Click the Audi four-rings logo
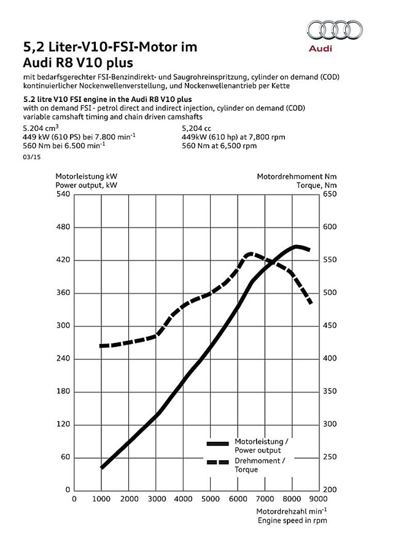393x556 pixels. pos(335,29)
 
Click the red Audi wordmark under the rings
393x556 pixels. pos(321,48)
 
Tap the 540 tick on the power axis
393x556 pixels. pos(63,194)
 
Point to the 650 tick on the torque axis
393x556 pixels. pos(330,194)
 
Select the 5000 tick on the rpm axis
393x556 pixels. pos(211,499)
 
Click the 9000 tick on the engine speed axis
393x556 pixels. pos(318,499)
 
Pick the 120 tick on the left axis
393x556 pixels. pos(63,424)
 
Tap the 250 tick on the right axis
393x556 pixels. pos(330,457)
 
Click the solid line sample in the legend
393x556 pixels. pos(218,444)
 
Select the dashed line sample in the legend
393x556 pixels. pos(218,462)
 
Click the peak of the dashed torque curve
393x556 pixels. pos(250,254)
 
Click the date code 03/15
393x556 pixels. pos(31,157)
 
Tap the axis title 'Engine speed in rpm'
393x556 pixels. pos(292,520)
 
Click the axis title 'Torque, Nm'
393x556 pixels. pos(317,185)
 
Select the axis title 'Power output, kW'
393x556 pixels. pos(86,185)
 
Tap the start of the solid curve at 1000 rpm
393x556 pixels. pos(102,468)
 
